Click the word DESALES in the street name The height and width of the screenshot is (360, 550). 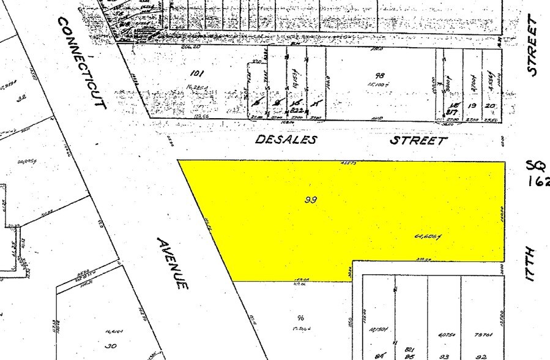286,140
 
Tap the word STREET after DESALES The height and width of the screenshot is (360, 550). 419,140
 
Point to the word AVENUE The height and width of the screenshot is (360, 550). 172,263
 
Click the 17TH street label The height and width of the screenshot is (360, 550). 530,264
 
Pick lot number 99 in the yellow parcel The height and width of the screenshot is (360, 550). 311,199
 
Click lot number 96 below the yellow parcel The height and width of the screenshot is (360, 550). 300,317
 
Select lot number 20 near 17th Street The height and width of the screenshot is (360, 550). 491,105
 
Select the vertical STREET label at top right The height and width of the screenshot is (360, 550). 533,46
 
